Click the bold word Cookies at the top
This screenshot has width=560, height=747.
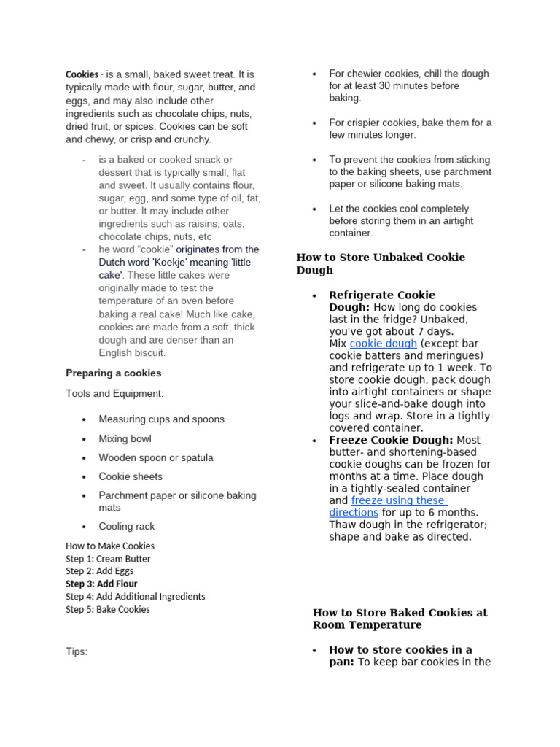pos(82,74)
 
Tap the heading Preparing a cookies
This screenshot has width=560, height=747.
pos(114,373)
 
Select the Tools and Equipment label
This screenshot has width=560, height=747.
pos(114,394)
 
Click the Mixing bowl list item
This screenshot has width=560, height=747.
pos(125,438)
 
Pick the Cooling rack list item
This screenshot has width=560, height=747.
pos(127,526)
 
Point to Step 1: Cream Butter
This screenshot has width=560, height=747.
pos(108,559)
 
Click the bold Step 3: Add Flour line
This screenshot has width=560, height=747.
pos(101,584)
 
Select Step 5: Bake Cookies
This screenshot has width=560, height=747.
pos(108,609)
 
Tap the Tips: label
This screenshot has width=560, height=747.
pos(77,651)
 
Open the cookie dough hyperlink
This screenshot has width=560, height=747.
pos(383,344)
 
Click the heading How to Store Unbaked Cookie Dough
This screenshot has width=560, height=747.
pos(380,263)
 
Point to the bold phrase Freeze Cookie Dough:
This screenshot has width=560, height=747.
pos(391,440)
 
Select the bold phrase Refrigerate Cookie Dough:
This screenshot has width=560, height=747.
pos(381,301)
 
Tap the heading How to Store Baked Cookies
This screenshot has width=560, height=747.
pos(400,619)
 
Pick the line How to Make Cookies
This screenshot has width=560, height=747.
pos(110,546)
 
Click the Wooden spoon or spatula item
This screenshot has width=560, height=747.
pos(156,457)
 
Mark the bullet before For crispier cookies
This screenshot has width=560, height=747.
pos(314,123)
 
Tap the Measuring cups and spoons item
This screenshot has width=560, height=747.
pos(161,419)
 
